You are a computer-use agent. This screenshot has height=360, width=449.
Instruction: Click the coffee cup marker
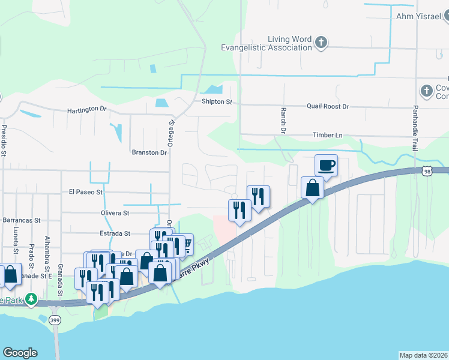pos(326,165)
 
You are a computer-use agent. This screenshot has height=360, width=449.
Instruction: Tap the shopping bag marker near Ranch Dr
pos(313,188)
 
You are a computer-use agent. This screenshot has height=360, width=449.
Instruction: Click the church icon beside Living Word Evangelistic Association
pos(322,42)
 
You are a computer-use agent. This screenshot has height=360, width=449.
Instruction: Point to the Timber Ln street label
pos(327,136)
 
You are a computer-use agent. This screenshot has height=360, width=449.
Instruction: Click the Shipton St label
pos(217,102)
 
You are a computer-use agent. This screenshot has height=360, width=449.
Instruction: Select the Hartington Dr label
pos(86,110)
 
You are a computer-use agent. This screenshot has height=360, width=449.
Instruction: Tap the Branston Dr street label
pos(149,153)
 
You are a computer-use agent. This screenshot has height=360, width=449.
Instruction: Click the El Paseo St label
pos(86,193)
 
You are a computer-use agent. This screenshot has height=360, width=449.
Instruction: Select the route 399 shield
pos(55,320)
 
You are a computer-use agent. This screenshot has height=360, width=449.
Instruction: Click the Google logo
pos(20,353)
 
